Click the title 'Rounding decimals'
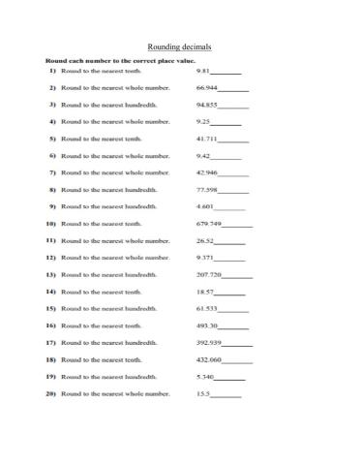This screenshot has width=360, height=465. [x=179, y=46]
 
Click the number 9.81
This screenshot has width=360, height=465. [x=202, y=71]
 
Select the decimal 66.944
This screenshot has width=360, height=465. [x=205, y=88]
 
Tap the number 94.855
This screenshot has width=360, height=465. [x=206, y=105]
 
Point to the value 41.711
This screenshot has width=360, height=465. [x=206, y=139]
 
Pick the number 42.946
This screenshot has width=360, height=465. [x=206, y=172]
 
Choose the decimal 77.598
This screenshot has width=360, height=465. [x=206, y=190]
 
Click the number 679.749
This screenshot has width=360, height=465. [x=209, y=224]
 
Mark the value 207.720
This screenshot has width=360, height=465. [x=209, y=274]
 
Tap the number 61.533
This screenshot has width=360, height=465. [x=206, y=308]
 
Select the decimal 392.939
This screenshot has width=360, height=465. [x=209, y=342]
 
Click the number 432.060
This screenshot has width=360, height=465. [x=209, y=359]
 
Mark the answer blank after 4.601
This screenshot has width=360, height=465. [x=229, y=208]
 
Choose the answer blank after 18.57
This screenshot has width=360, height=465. [x=229, y=293]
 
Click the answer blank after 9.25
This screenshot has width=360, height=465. [x=226, y=123]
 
